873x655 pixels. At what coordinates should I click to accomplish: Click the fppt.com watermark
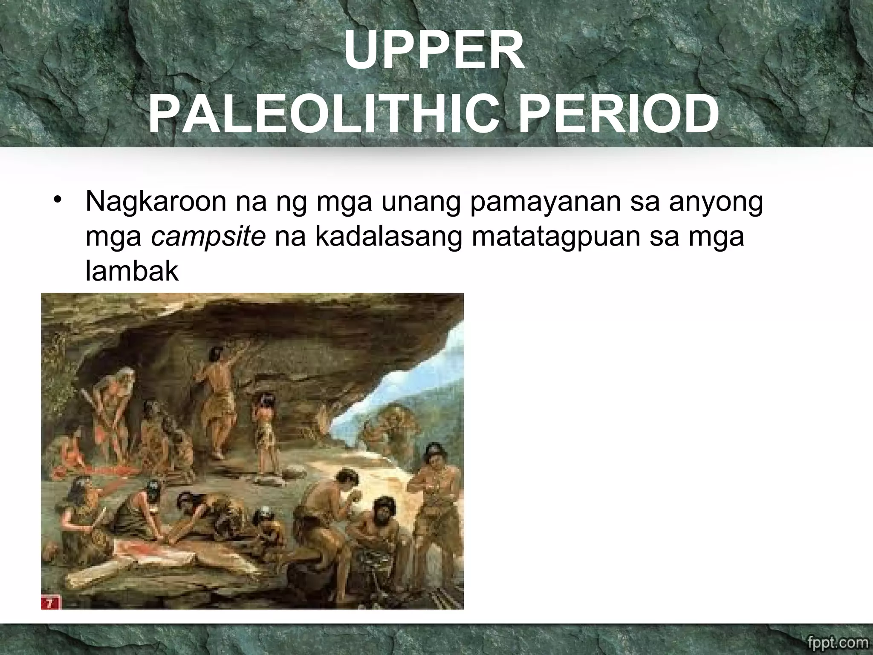click(836, 642)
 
